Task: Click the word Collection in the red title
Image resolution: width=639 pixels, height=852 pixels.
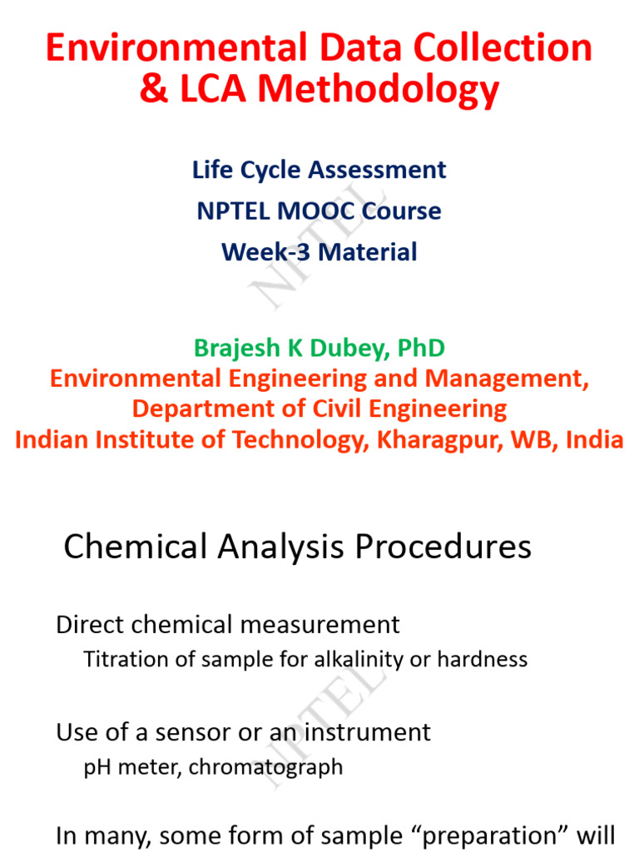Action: [x=503, y=47]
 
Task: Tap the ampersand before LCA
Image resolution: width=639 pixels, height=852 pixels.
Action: [x=154, y=88]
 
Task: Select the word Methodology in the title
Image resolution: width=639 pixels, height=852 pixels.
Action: [x=379, y=90]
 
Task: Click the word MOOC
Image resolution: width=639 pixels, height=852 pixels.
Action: [x=316, y=211]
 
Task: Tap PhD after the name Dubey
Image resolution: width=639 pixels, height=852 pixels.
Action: [x=421, y=349]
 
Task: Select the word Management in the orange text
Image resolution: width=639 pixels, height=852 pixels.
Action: [x=507, y=379]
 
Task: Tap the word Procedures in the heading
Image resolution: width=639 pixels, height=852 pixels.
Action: [x=443, y=547]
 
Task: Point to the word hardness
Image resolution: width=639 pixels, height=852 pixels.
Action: [x=483, y=659]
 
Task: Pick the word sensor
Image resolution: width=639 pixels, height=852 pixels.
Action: [x=193, y=733]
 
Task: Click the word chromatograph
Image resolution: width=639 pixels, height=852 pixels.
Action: [x=265, y=768]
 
